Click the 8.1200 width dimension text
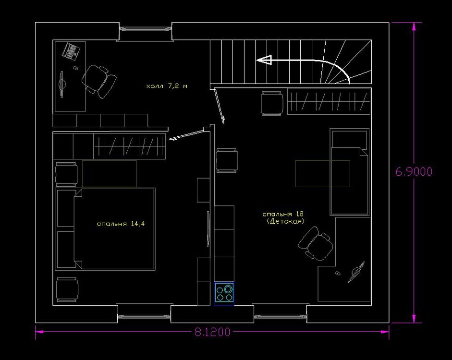click(x=212, y=332)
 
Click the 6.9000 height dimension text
click(x=414, y=172)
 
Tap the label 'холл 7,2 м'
click(x=167, y=86)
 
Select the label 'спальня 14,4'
click(x=121, y=224)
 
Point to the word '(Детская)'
click(x=285, y=221)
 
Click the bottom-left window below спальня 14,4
click(x=144, y=316)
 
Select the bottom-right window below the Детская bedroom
click(x=280, y=316)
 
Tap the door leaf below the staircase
click(x=220, y=106)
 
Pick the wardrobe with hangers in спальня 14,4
click(x=129, y=146)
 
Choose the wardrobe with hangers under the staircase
click(x=329, y=101)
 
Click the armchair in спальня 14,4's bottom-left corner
click(x=67, y=289)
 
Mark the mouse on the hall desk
click(x=75, y=68)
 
